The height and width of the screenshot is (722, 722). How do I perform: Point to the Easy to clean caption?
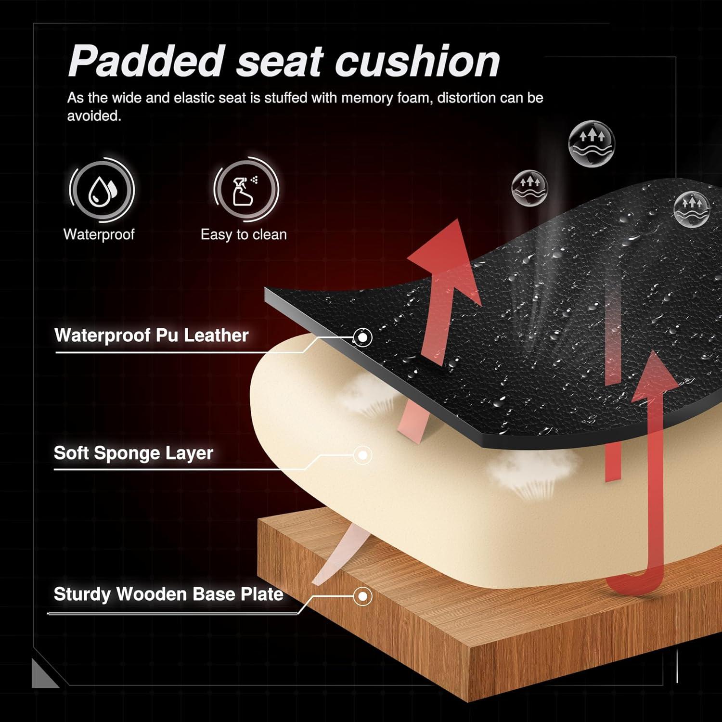[244, 234]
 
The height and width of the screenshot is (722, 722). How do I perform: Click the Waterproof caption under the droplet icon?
[99, 234]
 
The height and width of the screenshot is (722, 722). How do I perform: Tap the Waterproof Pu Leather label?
[152, 335]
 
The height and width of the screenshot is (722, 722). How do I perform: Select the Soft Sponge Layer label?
[133, 453]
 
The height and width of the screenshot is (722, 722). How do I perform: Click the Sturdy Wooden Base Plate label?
[168, 594]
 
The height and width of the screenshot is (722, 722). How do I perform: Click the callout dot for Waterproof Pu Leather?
[362, 337]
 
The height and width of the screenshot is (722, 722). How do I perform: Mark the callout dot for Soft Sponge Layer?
[362, 455]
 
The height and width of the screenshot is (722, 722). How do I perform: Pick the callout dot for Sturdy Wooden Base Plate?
[362, 596]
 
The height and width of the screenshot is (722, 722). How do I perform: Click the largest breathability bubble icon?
[592, 143]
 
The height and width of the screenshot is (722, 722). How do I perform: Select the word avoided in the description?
[94, 116]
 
